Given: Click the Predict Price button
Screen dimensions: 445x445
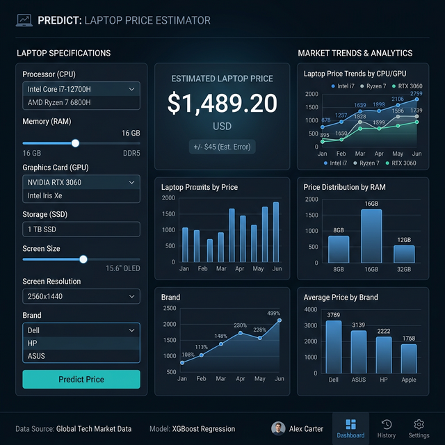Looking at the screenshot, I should [x=81, y=379].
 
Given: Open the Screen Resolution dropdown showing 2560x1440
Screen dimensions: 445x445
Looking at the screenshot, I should [x=81, y=296].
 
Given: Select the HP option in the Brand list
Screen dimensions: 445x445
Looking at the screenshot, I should [x=81, y=343].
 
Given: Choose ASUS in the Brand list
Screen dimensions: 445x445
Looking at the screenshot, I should [x=81, y=356].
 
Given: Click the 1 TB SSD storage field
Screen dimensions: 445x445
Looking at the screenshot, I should [x=81, y=229].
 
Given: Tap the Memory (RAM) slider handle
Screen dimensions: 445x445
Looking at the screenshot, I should [x=75, y=143].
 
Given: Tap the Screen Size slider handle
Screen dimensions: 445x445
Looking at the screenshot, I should [x=83, y=259].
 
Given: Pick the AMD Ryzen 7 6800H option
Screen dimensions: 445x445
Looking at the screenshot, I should [x=81, y=102].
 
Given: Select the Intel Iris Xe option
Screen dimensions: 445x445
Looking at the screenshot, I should [x=81, y=195].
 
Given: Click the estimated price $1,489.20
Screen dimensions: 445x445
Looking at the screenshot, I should [x=222, y=104].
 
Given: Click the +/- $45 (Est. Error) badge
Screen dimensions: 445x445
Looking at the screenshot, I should [x=222, y=147].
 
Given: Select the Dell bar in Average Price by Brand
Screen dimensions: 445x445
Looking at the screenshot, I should [x=334, y=346].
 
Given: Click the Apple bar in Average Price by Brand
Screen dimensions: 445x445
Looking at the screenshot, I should [x=409, y=358].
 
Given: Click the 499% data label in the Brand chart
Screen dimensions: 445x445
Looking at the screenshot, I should [x=273, y=313].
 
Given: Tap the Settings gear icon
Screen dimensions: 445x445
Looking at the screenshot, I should [x=419, y=424].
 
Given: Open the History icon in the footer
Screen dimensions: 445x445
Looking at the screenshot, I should [x=387, y=424].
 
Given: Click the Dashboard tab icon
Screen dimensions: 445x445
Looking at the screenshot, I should [x=350, y=424].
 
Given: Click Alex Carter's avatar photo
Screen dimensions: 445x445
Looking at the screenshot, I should [x=278, y=428].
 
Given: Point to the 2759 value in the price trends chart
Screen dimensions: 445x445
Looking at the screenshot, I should [x=416, y=93].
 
